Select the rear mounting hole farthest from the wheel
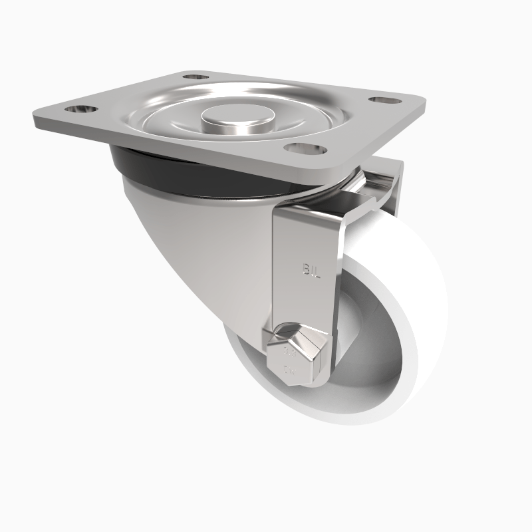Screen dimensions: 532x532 pos(193,78)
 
